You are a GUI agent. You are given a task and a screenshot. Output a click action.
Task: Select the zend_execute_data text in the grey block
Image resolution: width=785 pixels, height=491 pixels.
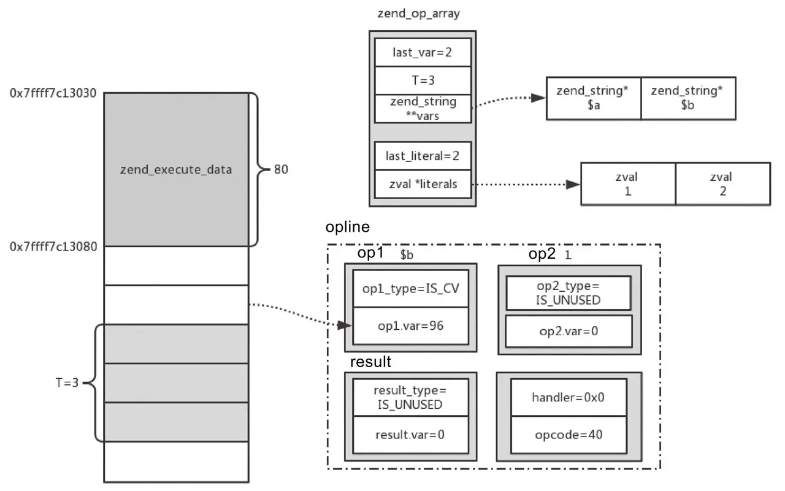[x=176, y=170]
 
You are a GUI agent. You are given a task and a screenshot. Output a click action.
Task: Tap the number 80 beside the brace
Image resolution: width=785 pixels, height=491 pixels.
[x=281, y=170]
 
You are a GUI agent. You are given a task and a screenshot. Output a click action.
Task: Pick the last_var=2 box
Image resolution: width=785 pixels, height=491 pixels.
[x=423, y=52]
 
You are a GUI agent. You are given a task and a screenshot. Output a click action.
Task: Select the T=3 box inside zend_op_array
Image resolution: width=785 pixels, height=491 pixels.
[x=423, y=80]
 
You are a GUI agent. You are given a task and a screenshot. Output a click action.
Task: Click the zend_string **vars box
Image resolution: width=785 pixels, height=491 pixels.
[x=423, y=108]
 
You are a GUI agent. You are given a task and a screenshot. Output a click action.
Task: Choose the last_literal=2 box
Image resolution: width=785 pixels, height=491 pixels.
[x=423, y=156]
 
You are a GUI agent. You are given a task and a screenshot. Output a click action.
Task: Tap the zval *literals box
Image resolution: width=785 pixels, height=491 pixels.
[x=423, y=184]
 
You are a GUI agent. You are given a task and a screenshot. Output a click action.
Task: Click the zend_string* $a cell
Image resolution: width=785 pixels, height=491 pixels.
[x=593, y=98]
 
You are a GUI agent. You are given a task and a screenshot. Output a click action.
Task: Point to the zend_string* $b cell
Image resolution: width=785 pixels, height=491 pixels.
[x=687, y=98]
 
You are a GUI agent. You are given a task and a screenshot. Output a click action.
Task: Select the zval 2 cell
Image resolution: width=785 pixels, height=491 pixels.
[x=722, y=184]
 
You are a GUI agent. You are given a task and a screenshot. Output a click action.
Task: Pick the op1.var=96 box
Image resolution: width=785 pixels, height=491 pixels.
[x=411, y=325]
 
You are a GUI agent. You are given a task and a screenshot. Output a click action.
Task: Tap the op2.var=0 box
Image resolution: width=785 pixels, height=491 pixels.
[x=569, y=331]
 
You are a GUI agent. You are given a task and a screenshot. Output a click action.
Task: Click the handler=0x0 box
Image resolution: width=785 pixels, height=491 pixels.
[x=569, y=397]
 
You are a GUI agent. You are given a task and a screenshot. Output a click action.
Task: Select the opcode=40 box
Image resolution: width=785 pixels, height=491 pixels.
[x=569, y=435]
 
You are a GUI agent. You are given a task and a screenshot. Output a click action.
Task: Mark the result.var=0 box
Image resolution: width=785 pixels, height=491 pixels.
[x=410, y=435]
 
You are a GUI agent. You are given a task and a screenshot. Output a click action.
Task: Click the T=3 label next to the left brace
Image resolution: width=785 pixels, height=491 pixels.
[x=67, y=383]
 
